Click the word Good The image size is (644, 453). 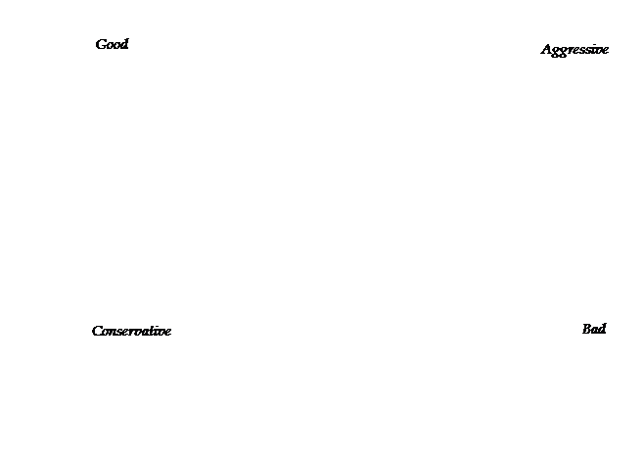[112, 44]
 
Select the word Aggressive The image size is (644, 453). [575, 50]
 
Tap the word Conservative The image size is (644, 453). [131, 331]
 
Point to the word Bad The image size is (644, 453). [594, 329]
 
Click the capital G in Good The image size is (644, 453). [101, 44]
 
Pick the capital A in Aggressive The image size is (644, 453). [547, 49]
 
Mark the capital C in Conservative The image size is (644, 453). [98, 331]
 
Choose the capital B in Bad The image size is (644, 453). [587, 330]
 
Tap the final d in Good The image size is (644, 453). [124, 44]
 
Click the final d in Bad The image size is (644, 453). [602, 329]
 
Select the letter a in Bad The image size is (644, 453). [595, 331]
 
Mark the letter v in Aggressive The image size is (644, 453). [598, 51]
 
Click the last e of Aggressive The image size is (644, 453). [606, 51]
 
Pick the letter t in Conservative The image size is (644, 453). [155, 331]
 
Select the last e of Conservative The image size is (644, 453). [167, 333]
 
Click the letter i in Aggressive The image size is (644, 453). [593, 49]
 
